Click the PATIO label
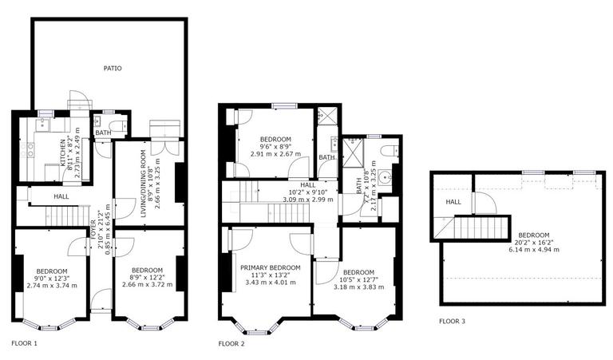(x=112, y=69)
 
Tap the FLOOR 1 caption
(x=24, y=344)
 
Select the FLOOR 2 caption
(x=231, y=344)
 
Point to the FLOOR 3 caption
(x=453, y=322)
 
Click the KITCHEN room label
(x=62, y=152)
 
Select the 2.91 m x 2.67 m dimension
(x=276, y=153)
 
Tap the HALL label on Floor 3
(x=453, y=202)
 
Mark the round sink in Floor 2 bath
(x=386, y=178)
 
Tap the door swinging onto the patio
(x=78, y=101)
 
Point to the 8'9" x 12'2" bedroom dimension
(x=147, y=278)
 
